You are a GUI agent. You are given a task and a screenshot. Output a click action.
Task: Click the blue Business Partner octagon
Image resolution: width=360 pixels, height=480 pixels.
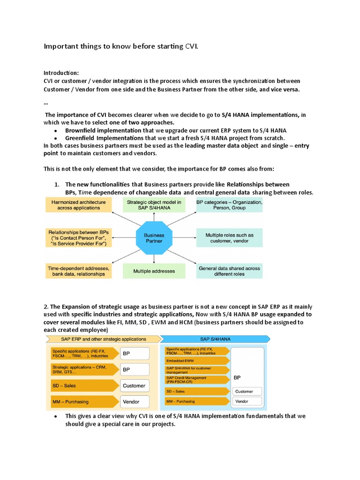pyautogui.click(x=154, y=238)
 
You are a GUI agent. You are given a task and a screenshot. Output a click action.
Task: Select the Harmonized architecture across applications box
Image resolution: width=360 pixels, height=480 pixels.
pyautogui.click(x=78, y=205)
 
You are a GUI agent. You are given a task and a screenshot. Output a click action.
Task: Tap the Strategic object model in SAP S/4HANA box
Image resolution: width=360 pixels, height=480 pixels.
pyautogui.click(x=154, y=205)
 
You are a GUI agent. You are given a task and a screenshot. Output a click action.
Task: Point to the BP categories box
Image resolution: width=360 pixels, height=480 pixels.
pyautogui.click(x=229, y=205)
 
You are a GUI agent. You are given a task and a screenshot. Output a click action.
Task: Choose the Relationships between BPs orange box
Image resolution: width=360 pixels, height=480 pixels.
pyautogui.click(x=78, y=238)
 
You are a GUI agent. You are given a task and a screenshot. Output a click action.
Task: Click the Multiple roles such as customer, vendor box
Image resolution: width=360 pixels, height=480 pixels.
pyautogui.click(x=229, y=238)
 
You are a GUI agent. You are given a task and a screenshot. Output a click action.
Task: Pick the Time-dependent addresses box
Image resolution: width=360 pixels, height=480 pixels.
pyautogui.click(x=78, y=271)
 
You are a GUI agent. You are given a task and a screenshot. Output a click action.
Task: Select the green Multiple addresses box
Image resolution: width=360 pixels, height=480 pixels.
pyautogui.click(x=154, y=271)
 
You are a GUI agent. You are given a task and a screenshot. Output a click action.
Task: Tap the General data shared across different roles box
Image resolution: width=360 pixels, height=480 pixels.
pyautogui.click(x=229, y=271)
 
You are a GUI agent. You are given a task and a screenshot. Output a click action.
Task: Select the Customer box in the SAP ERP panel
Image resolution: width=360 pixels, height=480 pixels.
pyautogui.click(x=135, y=386)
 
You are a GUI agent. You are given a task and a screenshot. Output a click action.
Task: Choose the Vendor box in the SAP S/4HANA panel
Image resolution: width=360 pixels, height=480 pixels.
pyautogui.click(x=248, y=402)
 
